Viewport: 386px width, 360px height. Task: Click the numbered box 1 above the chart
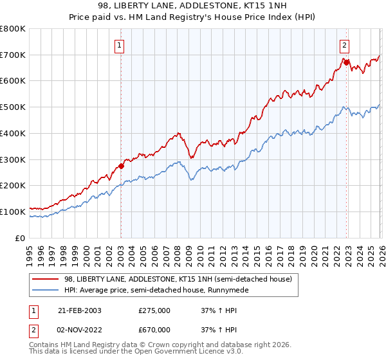point(120,45)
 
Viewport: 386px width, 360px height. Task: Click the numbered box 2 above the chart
point(345,45)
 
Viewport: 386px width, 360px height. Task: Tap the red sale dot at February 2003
point(121,166)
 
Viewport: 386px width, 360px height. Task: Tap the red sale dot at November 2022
point(345,62)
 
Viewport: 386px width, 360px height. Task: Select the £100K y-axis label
point(13,212)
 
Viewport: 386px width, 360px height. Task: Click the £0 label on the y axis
point(21,238)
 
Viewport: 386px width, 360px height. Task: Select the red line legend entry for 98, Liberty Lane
point(178,279)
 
